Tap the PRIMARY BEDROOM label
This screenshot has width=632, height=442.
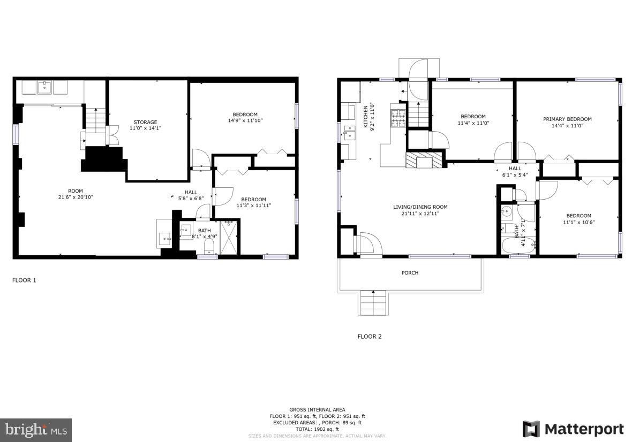567,119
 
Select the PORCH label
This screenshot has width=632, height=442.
410,273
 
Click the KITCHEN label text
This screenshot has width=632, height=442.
366,115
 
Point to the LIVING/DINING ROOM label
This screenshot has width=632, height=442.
420,207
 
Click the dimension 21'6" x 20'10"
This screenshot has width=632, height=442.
76,197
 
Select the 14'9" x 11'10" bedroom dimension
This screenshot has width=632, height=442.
245,120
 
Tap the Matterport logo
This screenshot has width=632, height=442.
573,429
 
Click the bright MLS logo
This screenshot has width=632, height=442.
36,430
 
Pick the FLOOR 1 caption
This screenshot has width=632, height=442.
24,280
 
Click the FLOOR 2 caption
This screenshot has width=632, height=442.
370,337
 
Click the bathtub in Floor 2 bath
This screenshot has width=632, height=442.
518,247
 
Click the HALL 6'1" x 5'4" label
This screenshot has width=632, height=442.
515,171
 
